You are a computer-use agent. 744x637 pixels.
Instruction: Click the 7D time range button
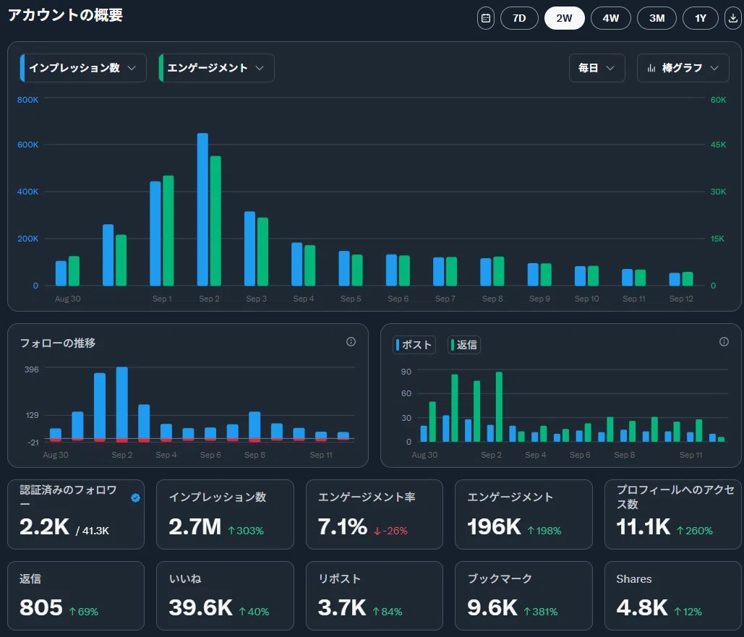[519, 19]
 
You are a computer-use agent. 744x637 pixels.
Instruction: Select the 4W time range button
[611, 19]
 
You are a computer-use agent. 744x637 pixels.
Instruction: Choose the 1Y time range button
[701, 19]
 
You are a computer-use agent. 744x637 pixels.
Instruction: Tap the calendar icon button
[485, 19]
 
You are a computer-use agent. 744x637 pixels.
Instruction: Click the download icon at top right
[733, 19]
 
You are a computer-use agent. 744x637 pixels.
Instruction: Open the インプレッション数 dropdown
[83, 68]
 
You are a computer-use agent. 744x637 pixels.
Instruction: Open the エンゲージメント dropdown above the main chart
[216, 68]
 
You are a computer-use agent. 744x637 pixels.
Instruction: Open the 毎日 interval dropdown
[597, 68]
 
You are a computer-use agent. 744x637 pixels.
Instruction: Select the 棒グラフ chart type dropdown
[683, 68]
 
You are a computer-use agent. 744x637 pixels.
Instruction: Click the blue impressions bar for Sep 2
[202, 210]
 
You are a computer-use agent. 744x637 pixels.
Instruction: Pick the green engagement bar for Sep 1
[168, 231]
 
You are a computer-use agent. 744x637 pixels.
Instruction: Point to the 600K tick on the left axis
[28, 145]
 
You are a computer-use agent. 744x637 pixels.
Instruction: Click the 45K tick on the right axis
[718, 145]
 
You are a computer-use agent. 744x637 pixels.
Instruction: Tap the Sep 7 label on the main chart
[445, 299]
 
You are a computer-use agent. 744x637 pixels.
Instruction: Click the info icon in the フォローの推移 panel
[351, 342]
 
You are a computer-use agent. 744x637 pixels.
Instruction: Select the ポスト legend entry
[414, 345]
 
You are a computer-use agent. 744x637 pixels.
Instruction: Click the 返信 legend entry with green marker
[464, 345]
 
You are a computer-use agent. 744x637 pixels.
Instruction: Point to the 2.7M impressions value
[195, 527]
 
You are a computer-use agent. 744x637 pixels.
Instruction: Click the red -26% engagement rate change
[391, 531]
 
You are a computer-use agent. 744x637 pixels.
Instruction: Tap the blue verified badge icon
[136, 497]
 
